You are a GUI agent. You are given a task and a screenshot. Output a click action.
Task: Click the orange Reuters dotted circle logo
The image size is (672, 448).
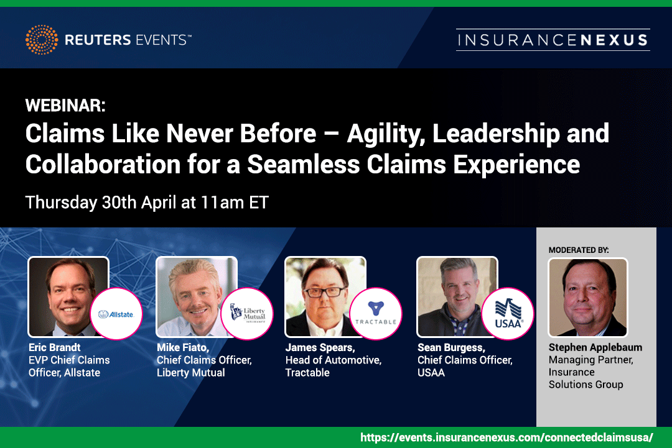pyautogui.click(x=42, y=40)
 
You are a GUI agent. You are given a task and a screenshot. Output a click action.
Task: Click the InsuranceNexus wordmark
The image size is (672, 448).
pyautogui.click(x=553, y=40)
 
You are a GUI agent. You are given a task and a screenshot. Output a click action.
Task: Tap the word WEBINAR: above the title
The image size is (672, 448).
pyautogui.click(x=65, y=105)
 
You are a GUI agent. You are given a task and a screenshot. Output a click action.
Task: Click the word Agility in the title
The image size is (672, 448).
pyautogui.click(x=385, y=134)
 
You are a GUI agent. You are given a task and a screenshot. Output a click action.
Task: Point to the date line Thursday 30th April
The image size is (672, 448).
pyautogui.click(x=147, y=203)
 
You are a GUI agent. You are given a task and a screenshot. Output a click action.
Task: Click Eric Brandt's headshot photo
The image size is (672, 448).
pyautogui.click(x=68, y=296)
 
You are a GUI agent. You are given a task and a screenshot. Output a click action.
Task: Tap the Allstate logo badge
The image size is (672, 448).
pyautogui.click(x=116, y=314)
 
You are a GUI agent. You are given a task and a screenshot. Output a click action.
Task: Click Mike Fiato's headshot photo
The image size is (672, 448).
pyautogui.click(x=196, y=296)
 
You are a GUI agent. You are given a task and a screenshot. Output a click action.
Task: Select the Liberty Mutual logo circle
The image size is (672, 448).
pyautogui.click(x=247, y=314)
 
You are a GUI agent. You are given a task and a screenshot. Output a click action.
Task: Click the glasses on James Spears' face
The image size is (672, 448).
pyautogui.click(x=324, y=292)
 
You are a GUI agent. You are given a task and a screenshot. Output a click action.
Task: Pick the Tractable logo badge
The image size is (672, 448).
pyautogui.click(x=376, y=314)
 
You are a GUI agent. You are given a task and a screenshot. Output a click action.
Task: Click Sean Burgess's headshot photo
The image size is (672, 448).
pyautogui.click(x=457, y=296)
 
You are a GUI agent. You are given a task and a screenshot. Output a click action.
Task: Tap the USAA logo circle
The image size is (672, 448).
pyautogui.click(x=508, y=314)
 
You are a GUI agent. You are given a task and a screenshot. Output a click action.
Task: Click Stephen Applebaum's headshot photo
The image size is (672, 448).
pyautogui.click(x=588, y=298)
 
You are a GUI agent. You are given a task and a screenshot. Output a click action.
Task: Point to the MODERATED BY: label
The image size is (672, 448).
pyautogui.click(x=579, y=250)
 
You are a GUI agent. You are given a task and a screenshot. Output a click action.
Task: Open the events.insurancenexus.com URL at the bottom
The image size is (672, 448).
pyautogui.click(x=506, y=437)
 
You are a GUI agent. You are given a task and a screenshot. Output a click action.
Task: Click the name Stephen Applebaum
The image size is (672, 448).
pyautogui.click(x=595, y=347)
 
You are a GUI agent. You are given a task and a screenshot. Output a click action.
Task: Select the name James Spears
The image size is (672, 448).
pyautogui.click(x=320, y=347)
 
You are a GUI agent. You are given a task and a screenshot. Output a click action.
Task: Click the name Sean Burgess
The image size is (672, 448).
pyautogui.click(x=451, y=347)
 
